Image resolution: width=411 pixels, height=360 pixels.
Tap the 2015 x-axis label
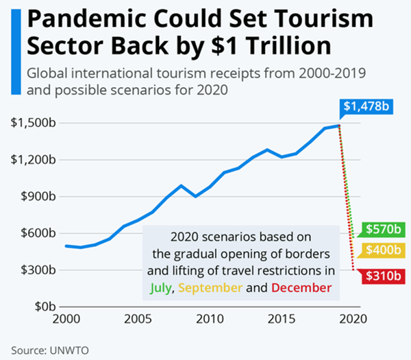284,319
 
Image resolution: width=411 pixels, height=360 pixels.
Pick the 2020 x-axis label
355,319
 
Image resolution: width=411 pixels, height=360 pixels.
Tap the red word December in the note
301,287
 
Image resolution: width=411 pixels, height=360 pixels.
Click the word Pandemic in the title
90,20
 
